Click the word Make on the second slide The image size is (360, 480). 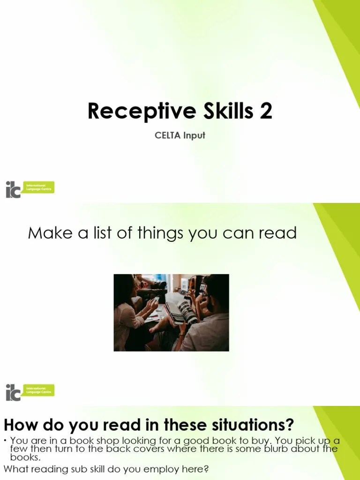pyautogui.click(x=47, y=232)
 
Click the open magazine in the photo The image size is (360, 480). pyautogui.click(x=180, y=312)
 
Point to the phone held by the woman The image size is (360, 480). pyautogui.click(x=155, y=300)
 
